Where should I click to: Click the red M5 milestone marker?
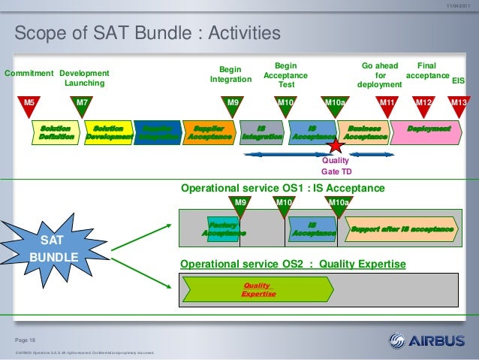29,105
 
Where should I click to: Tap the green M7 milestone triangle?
82,105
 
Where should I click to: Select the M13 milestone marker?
459,105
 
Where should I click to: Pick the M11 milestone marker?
387,105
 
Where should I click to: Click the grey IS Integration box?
261,133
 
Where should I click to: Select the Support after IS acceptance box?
402,228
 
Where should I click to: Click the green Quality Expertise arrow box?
255,289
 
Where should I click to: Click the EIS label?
459,79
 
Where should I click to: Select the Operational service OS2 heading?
293,265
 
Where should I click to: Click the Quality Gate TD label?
336,166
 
